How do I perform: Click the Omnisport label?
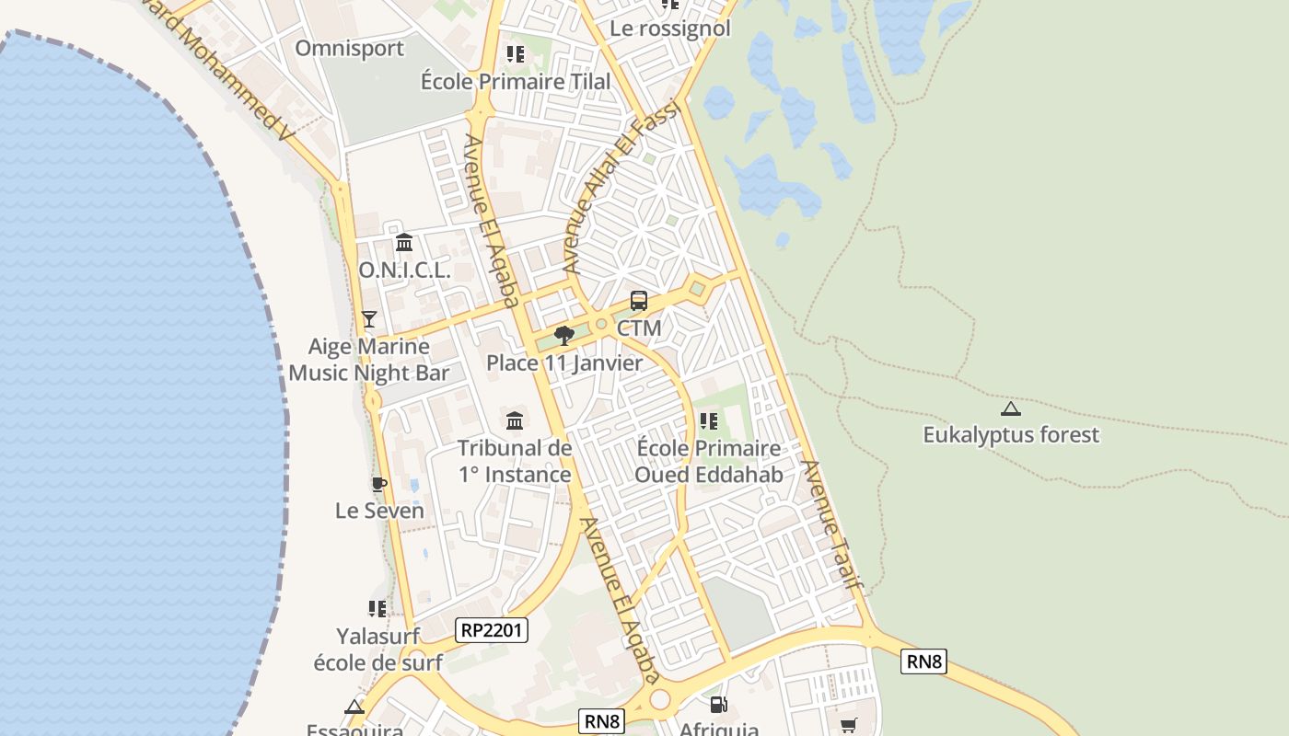349,48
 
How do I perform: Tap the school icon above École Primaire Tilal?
516,54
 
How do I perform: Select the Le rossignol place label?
669,29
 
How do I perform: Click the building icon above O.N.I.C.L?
404,243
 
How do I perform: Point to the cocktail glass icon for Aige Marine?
369,319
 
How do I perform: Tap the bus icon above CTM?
639,301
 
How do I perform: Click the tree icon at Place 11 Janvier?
564,336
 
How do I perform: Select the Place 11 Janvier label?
564,362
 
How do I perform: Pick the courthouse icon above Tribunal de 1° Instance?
515,421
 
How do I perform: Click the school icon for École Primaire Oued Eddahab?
708,421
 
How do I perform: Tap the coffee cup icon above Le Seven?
378,484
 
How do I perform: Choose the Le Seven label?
379,511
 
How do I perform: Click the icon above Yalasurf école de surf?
377,608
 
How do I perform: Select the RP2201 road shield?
492,630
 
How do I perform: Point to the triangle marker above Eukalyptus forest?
1011,408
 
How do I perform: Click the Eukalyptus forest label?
1011,434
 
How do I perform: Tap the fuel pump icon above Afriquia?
718,705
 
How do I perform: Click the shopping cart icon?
848,725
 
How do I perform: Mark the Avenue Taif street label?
832,525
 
